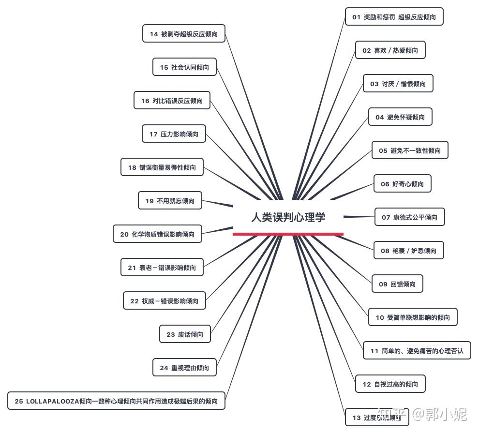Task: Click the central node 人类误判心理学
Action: click(288, 217)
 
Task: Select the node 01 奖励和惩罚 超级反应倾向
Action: click(394, 17)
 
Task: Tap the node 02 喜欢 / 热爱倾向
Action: click(390, 50)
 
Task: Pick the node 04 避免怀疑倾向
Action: click(400, 117)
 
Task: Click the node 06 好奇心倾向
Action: click(402, 184)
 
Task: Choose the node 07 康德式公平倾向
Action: click(409, 217)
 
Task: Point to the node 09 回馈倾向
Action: click(397, 284)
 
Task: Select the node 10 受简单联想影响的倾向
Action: click(413, 317)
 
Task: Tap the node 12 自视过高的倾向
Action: click(390, 384)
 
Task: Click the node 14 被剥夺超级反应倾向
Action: click(183, 34)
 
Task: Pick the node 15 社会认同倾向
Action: click(184, 67)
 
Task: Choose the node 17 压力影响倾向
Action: click(174, 134)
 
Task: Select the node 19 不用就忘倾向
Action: click(170, 201)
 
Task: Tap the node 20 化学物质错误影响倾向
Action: click(157, 234)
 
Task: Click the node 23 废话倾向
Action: click(185, 334)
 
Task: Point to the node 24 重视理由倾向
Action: click(184, 368)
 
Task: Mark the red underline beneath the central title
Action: click(288, 234)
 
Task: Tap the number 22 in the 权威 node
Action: click(135, 301)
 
